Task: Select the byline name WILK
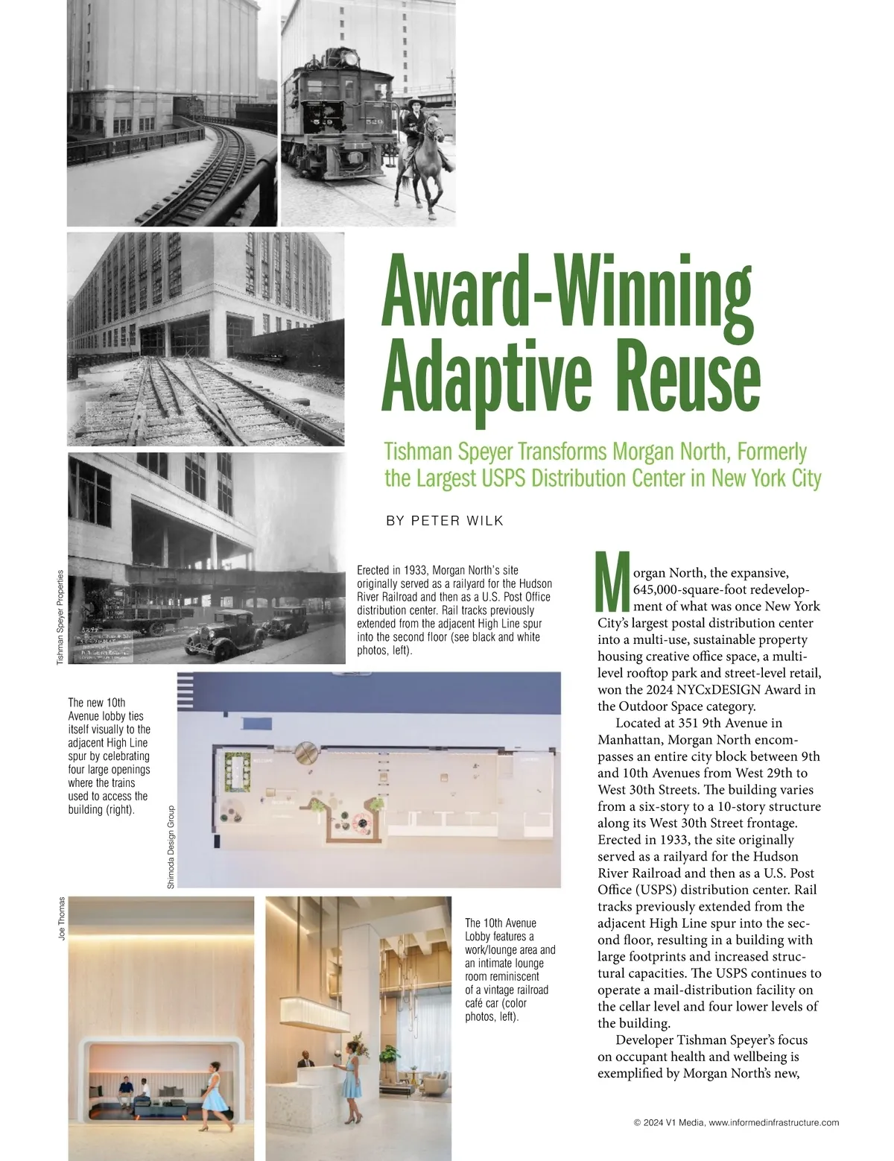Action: pos(485,521)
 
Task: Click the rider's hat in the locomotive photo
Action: pos(413,100)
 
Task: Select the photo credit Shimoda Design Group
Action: pos(171,847)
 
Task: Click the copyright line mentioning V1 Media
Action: pos(736,1122)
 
